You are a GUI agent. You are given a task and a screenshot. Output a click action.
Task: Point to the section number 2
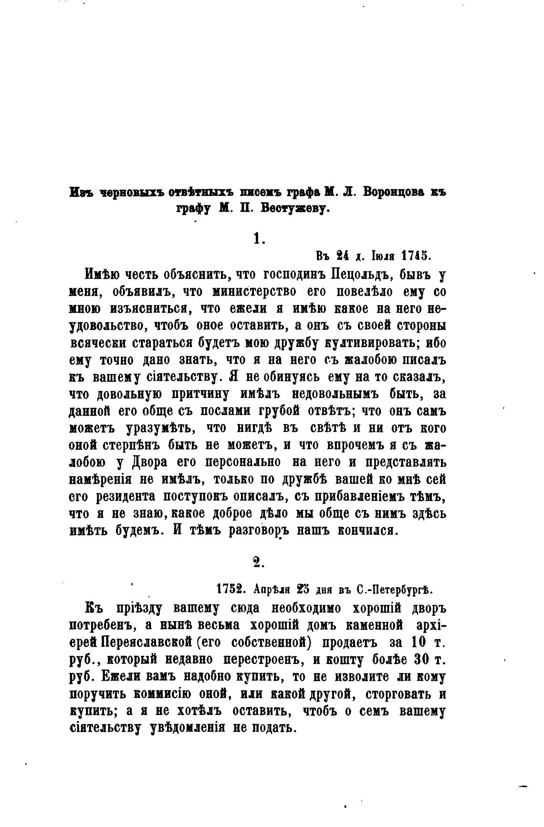click(x=258, y=562)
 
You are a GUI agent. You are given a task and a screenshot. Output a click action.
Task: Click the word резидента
click(x=126, y=497)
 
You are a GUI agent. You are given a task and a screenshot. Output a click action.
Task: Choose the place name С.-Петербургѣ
click(x=395, y=589)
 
